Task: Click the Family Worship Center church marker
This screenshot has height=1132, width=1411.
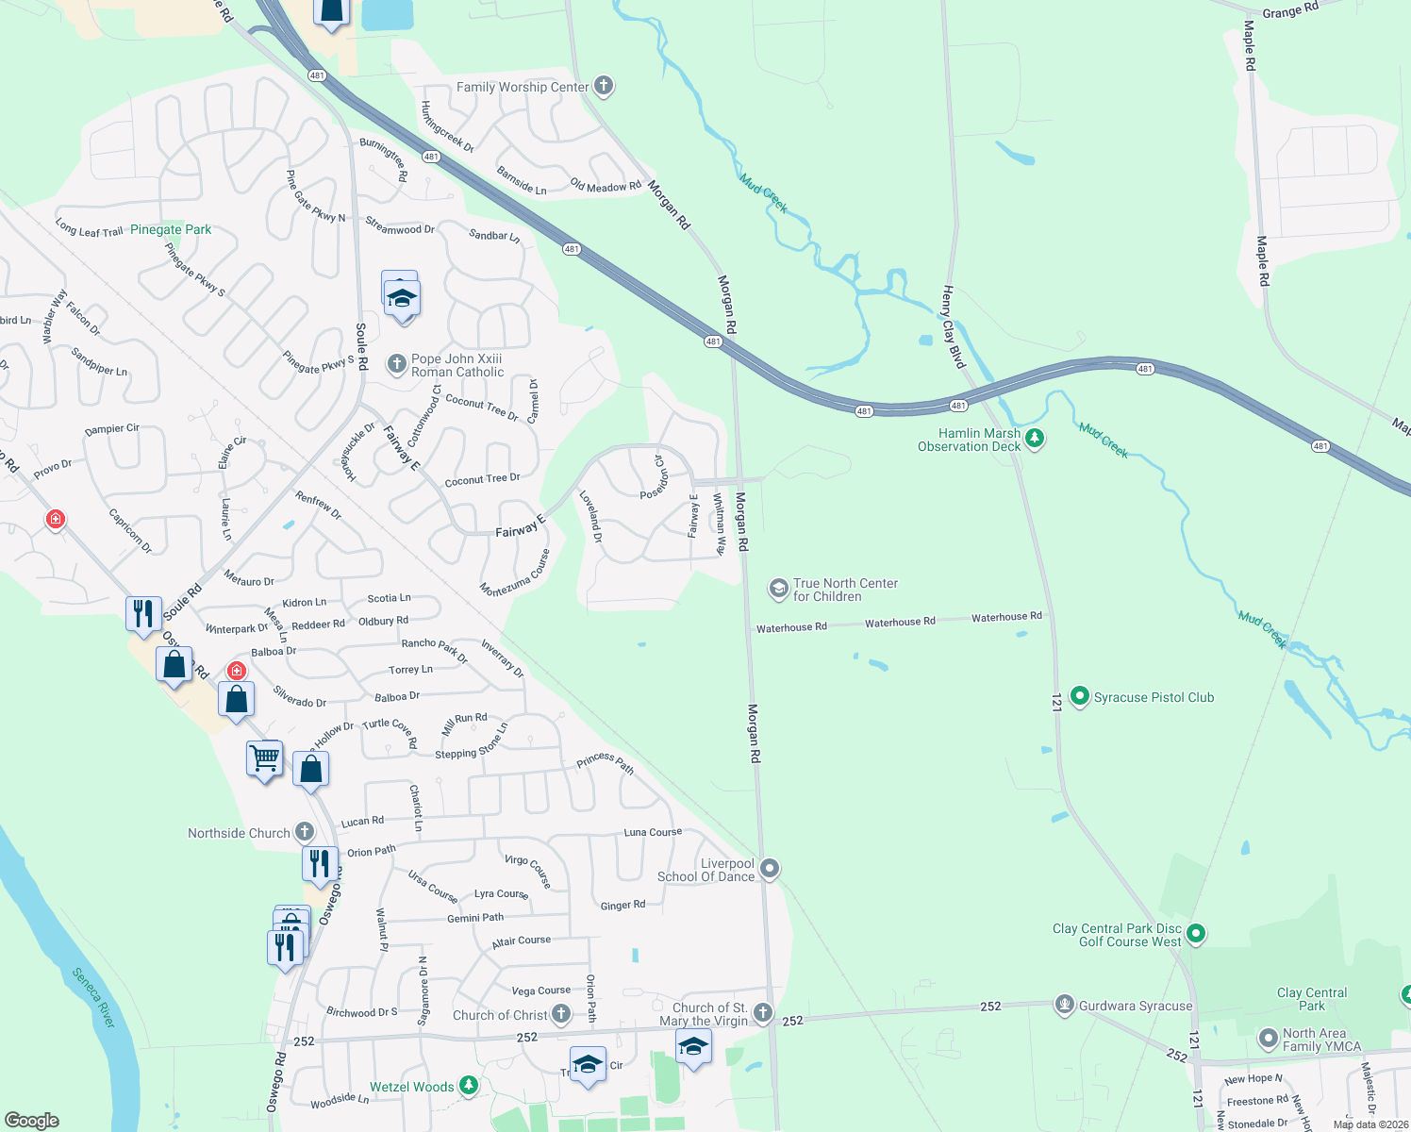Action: (604, 86)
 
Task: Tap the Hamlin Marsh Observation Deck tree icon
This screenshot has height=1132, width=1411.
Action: (1035, 439)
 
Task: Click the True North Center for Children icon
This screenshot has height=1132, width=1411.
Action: (778, 590)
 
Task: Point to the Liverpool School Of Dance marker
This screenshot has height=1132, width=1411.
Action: (770, 869)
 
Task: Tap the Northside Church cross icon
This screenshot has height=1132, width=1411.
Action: (304, 832)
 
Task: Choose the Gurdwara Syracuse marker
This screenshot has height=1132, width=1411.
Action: (1065, 1006)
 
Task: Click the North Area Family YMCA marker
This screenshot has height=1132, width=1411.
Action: (1269, 1040)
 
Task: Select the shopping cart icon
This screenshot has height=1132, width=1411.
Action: (264, 757)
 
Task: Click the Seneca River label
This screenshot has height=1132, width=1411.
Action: (93, 997)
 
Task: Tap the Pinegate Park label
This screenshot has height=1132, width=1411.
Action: (171, 229)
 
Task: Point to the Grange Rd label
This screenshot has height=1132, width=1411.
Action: (1290, 11)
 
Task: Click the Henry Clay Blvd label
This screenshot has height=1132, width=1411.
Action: (953, 326)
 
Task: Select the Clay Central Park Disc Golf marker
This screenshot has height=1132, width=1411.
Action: (1196, 934)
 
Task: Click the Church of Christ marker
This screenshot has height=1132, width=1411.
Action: (561, 1014)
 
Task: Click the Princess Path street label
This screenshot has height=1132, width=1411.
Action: (605, 762)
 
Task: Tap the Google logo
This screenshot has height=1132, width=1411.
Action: (32, 1121)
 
